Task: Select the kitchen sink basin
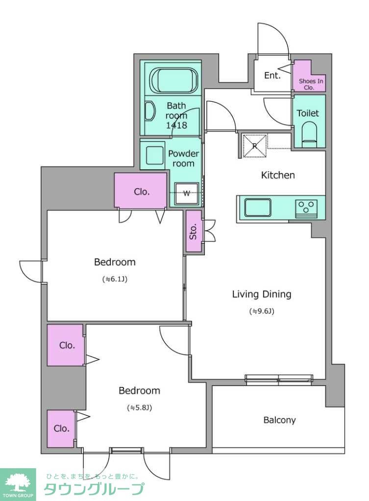coord(258,207)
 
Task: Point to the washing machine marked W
coord(186,193)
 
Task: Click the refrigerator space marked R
coord(255,146)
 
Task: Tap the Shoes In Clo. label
coord(311,84)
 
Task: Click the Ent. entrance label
coord(272,75)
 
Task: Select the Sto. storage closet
coord(194,231)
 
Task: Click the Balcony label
coord(279,420)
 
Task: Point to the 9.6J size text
coord(262,311)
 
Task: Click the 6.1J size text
coord(115,279)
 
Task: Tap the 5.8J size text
coord(139,408)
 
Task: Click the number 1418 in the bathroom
coord(176,125)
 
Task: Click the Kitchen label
coord(278,175)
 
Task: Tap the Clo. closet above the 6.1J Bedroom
coord(141,191)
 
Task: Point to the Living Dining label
coord(262,294)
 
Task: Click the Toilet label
coord(308,113)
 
